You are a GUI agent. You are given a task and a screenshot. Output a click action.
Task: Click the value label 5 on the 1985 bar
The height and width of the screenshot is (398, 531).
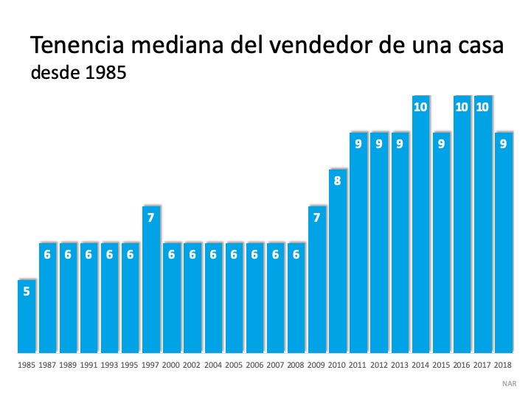[x=27, y=291]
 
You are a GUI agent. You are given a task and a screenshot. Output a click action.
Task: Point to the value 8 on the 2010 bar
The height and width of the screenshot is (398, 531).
[x=338, y=180]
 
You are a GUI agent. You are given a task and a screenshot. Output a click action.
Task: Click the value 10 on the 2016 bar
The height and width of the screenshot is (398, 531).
[x=462, y=107]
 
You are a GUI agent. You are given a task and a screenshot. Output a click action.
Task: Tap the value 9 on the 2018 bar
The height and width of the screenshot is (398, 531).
[x=503, y=144]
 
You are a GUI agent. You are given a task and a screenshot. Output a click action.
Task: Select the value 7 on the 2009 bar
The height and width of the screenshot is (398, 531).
[x=317, y=217]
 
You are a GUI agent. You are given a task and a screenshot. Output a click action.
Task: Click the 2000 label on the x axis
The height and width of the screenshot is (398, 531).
[x=172, y=364]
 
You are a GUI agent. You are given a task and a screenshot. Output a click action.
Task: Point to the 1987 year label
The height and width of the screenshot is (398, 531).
[x=47, y=364]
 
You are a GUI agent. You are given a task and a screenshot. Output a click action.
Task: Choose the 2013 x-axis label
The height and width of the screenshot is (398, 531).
[x=400, y=364]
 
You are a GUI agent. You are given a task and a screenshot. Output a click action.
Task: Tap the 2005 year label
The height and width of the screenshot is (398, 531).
[x=234, y=364]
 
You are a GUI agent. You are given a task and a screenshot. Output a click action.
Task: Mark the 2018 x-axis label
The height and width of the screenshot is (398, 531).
[x=503, y=364]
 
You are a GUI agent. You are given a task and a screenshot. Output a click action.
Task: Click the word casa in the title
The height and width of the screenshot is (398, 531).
[x=477, y=46]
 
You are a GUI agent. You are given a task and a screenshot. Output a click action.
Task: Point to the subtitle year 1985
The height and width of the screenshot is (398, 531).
[x=96, y=74]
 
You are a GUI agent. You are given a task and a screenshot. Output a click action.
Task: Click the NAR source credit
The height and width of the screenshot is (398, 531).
[x=510, y=383]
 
